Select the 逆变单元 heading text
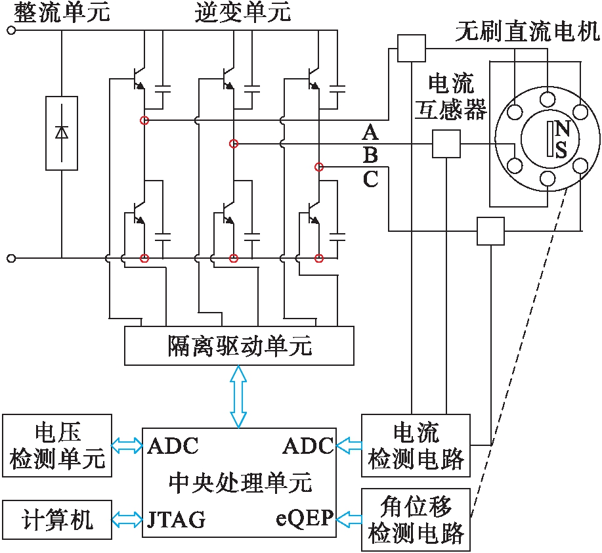tap(242, 12)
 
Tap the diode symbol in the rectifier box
tap(62, 132)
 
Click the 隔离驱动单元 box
tap(239, 345)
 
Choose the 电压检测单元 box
tap(57, 446)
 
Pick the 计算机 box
tap(57, 520)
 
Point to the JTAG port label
tap(177, 520)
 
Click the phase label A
tap(371, 133)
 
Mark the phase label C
tap(371, 179)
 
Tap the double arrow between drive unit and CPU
tap(239, 396)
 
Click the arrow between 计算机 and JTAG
tap(127, 520)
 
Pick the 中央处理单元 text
tap(240, 483)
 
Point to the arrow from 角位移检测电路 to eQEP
tap(348, 520)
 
